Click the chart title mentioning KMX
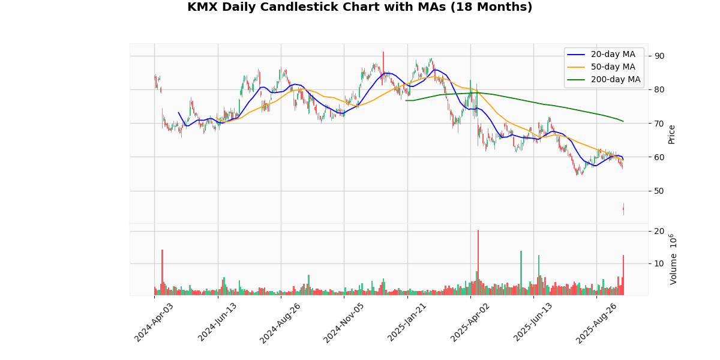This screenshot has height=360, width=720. pos(359,7)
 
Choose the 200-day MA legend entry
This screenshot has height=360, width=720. pos(616,79)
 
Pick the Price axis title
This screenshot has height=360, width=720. pos(672,134)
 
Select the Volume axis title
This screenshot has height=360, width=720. pos(673,259)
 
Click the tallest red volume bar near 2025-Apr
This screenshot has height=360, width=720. pos(478,262)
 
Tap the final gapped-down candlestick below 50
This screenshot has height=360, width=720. pos(623,209)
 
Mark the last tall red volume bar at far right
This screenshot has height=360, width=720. pos(623,275)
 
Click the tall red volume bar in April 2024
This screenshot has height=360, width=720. pos(162,272)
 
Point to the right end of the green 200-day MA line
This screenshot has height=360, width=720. pos(623,121)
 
